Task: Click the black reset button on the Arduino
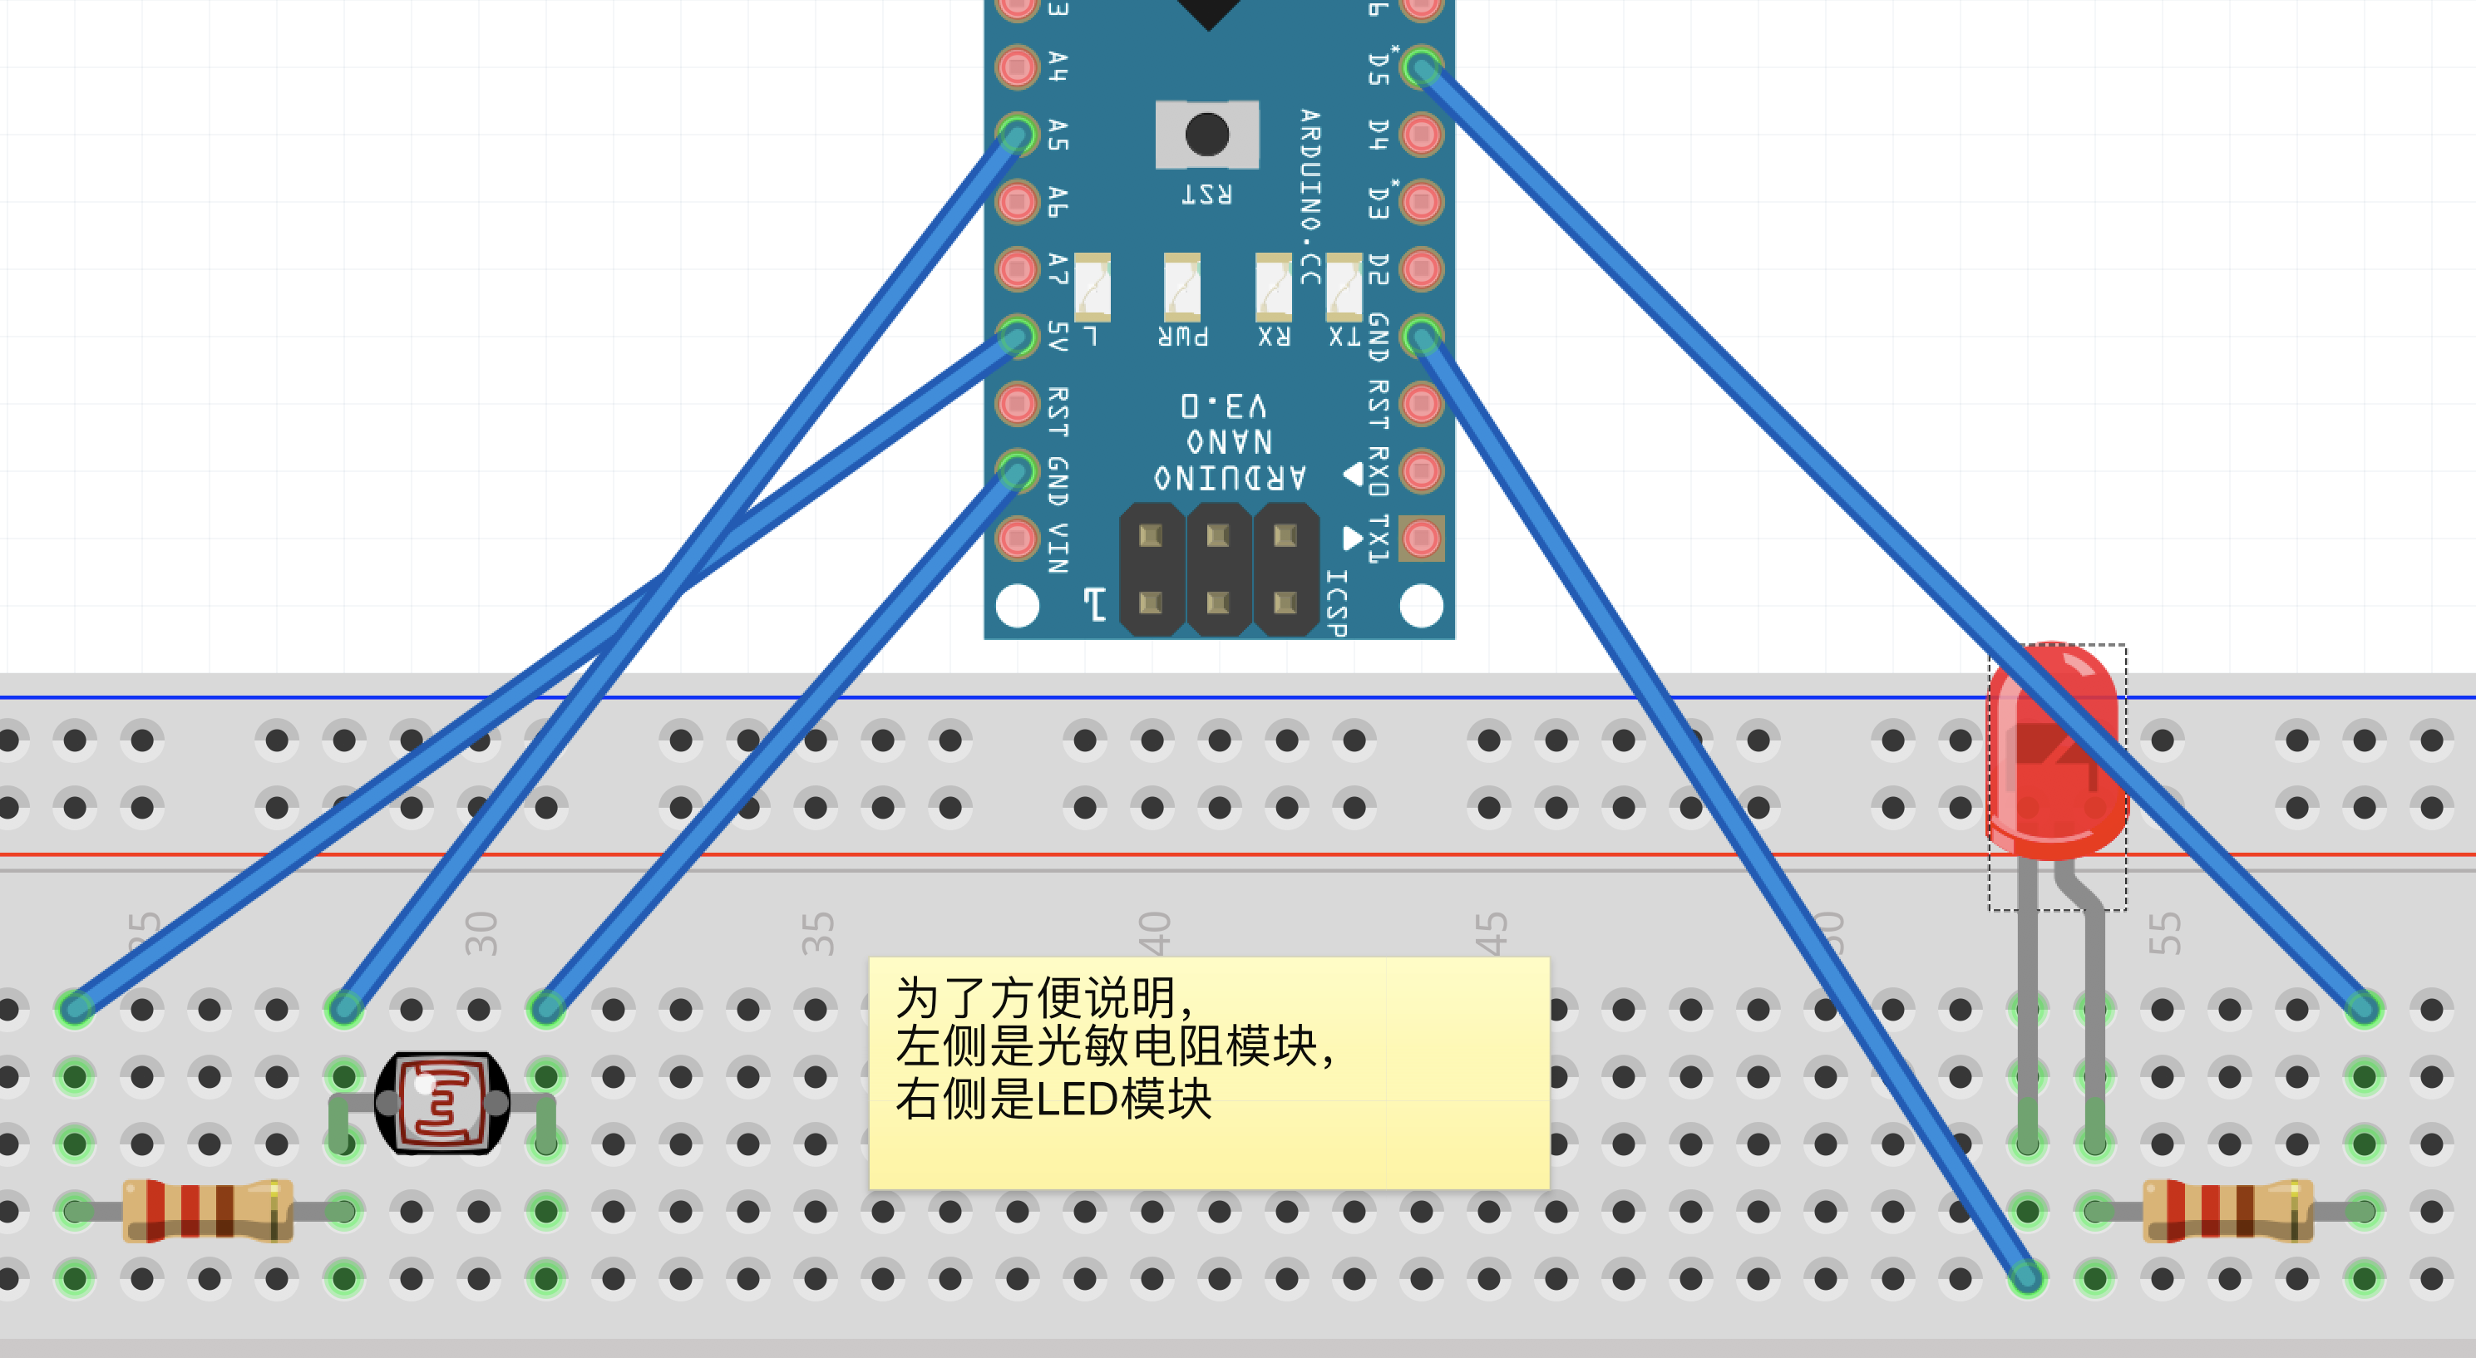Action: [x=1206, y=135]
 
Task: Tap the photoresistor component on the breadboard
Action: [x=442, y=1104]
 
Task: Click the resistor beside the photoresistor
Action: [x=208, y=1211]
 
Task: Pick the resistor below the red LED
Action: [x=2228, y=1211]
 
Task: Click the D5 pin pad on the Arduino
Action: [x=1422, y=67]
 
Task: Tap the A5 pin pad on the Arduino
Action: [x=1017, y=135]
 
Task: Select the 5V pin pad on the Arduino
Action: [x=1017, y=337]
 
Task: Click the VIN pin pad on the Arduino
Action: [x=1017, y=539]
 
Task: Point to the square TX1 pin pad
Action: [x=1422, y=539]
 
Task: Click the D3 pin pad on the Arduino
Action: [x=1422, y=202]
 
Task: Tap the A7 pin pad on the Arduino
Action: [x=1017, y=269]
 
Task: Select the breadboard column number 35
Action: [x=817, y=933]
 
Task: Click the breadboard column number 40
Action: [x=1153, y=933]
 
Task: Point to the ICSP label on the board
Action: [x=1337, y=602]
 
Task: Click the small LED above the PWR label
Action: [x=1182, y=287]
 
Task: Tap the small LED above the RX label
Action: [x=1274, y=287]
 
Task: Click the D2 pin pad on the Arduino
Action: [x=1422, y=269]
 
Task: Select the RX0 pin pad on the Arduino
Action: [x=1422, y=471]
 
